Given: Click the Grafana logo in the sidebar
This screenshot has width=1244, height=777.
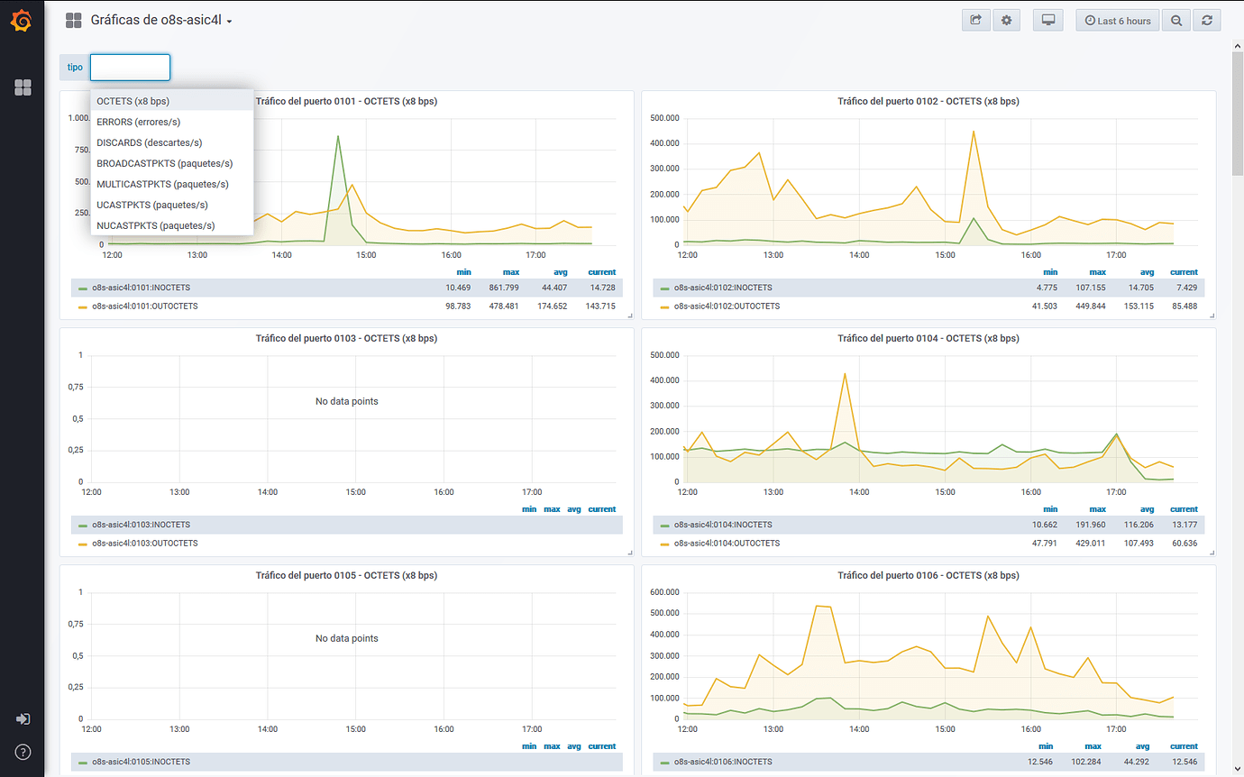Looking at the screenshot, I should pyautogui.click(x=22, y=20).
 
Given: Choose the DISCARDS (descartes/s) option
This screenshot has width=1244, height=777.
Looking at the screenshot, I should pyautogui.click(x=149, y=142).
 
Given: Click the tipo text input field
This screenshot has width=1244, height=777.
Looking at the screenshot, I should pyautogui.click(x=130, y=68).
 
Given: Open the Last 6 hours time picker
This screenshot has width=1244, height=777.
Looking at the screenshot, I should pyautogui.click(x=1117, y=21).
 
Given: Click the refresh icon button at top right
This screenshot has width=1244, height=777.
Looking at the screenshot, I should pyautogui.click(x=1206, y=21).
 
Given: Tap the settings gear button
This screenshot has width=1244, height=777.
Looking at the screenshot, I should pyautogui.click(x=1007, y=21).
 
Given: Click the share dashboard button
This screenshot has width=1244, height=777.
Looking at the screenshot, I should pyautogui.click(x=975, y=21).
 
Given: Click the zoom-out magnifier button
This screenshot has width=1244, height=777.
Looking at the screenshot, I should pyautogui.click(x=1175, y=21).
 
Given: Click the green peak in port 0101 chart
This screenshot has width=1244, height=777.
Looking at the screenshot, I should pyautogui.click(x=338, y=137).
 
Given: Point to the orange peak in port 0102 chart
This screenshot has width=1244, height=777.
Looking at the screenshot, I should pyautogui.click(x=974, y=132).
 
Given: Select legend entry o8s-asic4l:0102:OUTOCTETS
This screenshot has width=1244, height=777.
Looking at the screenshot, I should pyautogui.click(x=726, y=306).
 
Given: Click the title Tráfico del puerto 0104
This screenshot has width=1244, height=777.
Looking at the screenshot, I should pyautogui.click(x=928, y=339).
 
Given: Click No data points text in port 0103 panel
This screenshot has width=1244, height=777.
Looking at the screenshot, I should pyautogui.click(x=346, y=401).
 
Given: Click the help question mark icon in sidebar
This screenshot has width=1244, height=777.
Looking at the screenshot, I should pyautogui.click(x=23, y=752).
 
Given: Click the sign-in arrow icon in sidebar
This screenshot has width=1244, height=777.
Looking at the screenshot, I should pyautogui.click(x=23, y=718).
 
